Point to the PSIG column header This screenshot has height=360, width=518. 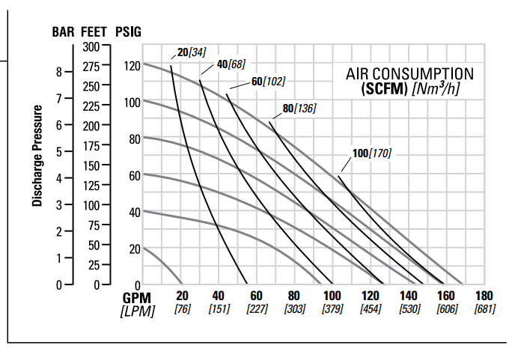(x=128, y=32)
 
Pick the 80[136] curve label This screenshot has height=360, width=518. (x=299, y=109)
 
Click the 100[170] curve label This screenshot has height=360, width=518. (x=371, y=153)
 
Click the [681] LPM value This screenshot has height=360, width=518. (x=484, y=308)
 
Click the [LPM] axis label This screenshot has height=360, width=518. (x=138, y=310)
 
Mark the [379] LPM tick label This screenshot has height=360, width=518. (x=332, y=308)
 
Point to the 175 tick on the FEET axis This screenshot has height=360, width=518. (x=91, y=145)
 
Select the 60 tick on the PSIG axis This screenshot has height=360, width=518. (x=134, y=175)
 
